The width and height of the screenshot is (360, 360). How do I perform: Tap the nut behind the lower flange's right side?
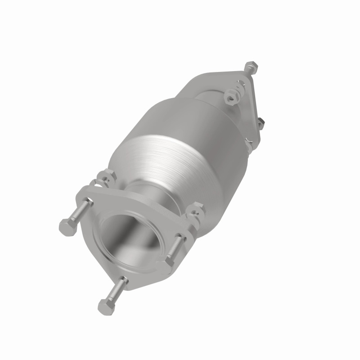[197, 210]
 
